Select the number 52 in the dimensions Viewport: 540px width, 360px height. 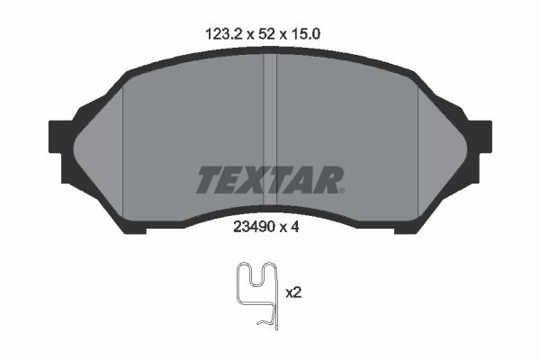pos(266,34)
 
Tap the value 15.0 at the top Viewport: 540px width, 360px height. pos(306,34)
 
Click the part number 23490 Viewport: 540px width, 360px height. pos(254,227)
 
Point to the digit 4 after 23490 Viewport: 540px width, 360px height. pos(295,227)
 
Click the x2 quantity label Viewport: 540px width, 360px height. pos(293,292)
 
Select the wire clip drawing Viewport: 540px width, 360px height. pos(256,295)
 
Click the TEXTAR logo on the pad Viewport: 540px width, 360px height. pos(270,179)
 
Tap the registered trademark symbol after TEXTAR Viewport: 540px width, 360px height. pos(342,191)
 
